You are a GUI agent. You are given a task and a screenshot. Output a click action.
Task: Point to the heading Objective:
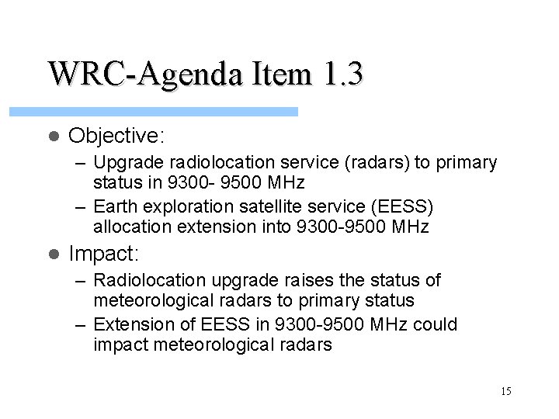click(116, 137)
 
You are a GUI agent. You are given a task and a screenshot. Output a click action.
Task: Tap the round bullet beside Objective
click(53, 137)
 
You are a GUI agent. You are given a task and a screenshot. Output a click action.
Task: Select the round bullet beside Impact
click(53, 254)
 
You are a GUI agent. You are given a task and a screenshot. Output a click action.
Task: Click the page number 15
click(506, 391)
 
